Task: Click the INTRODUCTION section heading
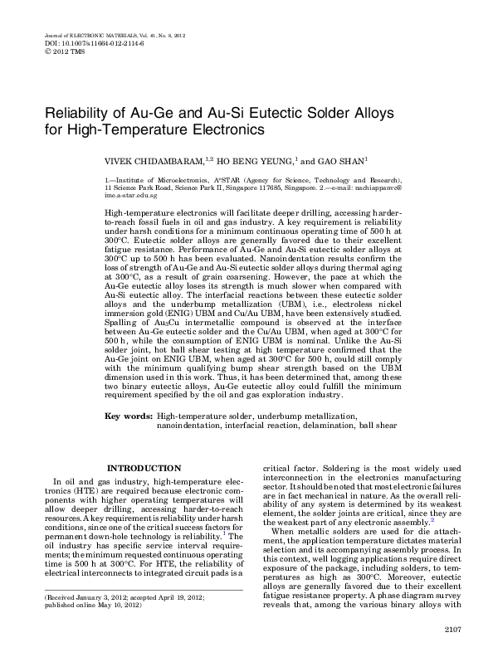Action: click(x=144, y=469)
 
